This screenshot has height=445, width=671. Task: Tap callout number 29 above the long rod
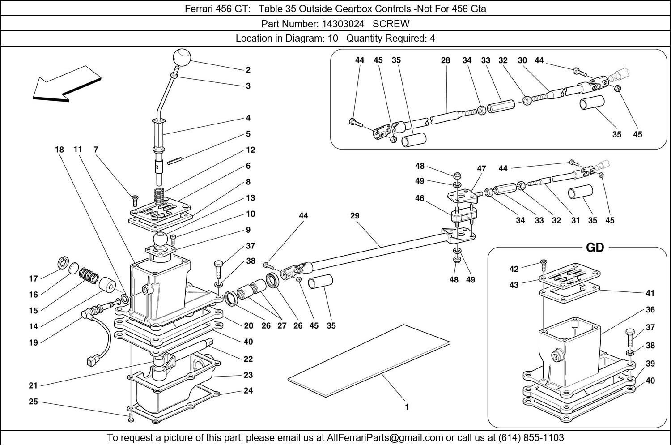point(355,216)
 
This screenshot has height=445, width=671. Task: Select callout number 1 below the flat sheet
point(407,407)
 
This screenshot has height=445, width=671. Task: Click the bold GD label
point(595,248)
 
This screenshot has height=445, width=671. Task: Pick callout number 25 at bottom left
point(34,402)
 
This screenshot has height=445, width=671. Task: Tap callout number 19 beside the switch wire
point(34,343)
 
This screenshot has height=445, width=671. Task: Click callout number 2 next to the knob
point(248,70)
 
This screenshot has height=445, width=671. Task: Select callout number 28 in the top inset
point(445,60)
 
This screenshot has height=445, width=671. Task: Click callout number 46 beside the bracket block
point(420,198)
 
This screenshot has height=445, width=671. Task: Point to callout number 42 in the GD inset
point(514,269)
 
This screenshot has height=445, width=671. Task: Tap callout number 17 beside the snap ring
point(34,279)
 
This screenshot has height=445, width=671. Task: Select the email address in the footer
point(385,437)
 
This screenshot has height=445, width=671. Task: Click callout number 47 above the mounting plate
point(481,169)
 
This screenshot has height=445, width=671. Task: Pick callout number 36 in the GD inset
point(650,310)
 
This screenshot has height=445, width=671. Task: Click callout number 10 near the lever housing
point(251,214)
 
